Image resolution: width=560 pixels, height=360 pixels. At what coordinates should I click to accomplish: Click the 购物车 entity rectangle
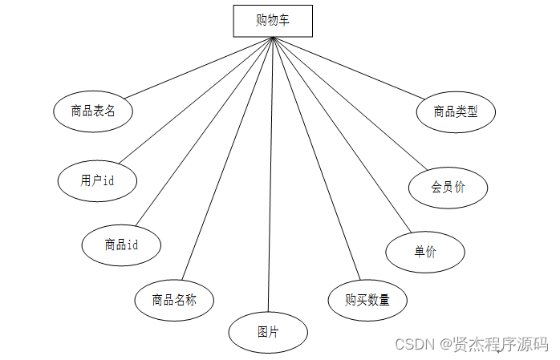tap(273, 21)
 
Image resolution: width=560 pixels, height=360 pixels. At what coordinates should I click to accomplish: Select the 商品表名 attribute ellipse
tap(93, 111)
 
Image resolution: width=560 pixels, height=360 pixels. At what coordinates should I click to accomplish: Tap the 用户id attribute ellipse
tap(97, 180)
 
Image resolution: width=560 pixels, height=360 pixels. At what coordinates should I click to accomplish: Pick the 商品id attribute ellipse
tap(121, 245)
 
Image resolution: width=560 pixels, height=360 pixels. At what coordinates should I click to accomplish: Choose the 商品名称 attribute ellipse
tap(174, 301)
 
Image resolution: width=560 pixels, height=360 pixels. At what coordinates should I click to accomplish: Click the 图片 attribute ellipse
tap(268, 331)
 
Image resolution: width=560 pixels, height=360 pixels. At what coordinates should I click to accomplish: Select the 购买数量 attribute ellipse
tap(367, 301)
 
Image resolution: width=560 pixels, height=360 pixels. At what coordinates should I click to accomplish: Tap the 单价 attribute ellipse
tap(425, 252)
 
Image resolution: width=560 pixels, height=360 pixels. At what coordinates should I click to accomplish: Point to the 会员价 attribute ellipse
tap(448, 188)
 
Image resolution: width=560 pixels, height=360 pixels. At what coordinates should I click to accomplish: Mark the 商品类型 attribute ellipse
tap(456, 111)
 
